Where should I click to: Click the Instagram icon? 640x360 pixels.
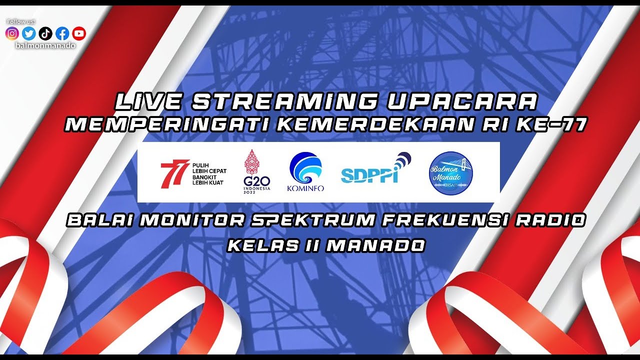(12, 33)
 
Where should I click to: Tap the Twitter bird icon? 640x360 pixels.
(29, 33)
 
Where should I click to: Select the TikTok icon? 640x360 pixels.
(45, 33)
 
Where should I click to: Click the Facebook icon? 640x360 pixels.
(62, 33)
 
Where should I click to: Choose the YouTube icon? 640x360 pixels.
(78, 33)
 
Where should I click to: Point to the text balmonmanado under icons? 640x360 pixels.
(45, 45)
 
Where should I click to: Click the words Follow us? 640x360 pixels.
(21, 22)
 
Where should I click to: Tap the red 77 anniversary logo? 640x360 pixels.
(174, 173)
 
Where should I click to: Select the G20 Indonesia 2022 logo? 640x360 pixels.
(257, 171)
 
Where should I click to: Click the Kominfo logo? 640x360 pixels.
(305, 172)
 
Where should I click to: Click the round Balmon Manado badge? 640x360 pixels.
(451, 173)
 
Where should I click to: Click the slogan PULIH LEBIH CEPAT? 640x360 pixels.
(209, 167)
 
